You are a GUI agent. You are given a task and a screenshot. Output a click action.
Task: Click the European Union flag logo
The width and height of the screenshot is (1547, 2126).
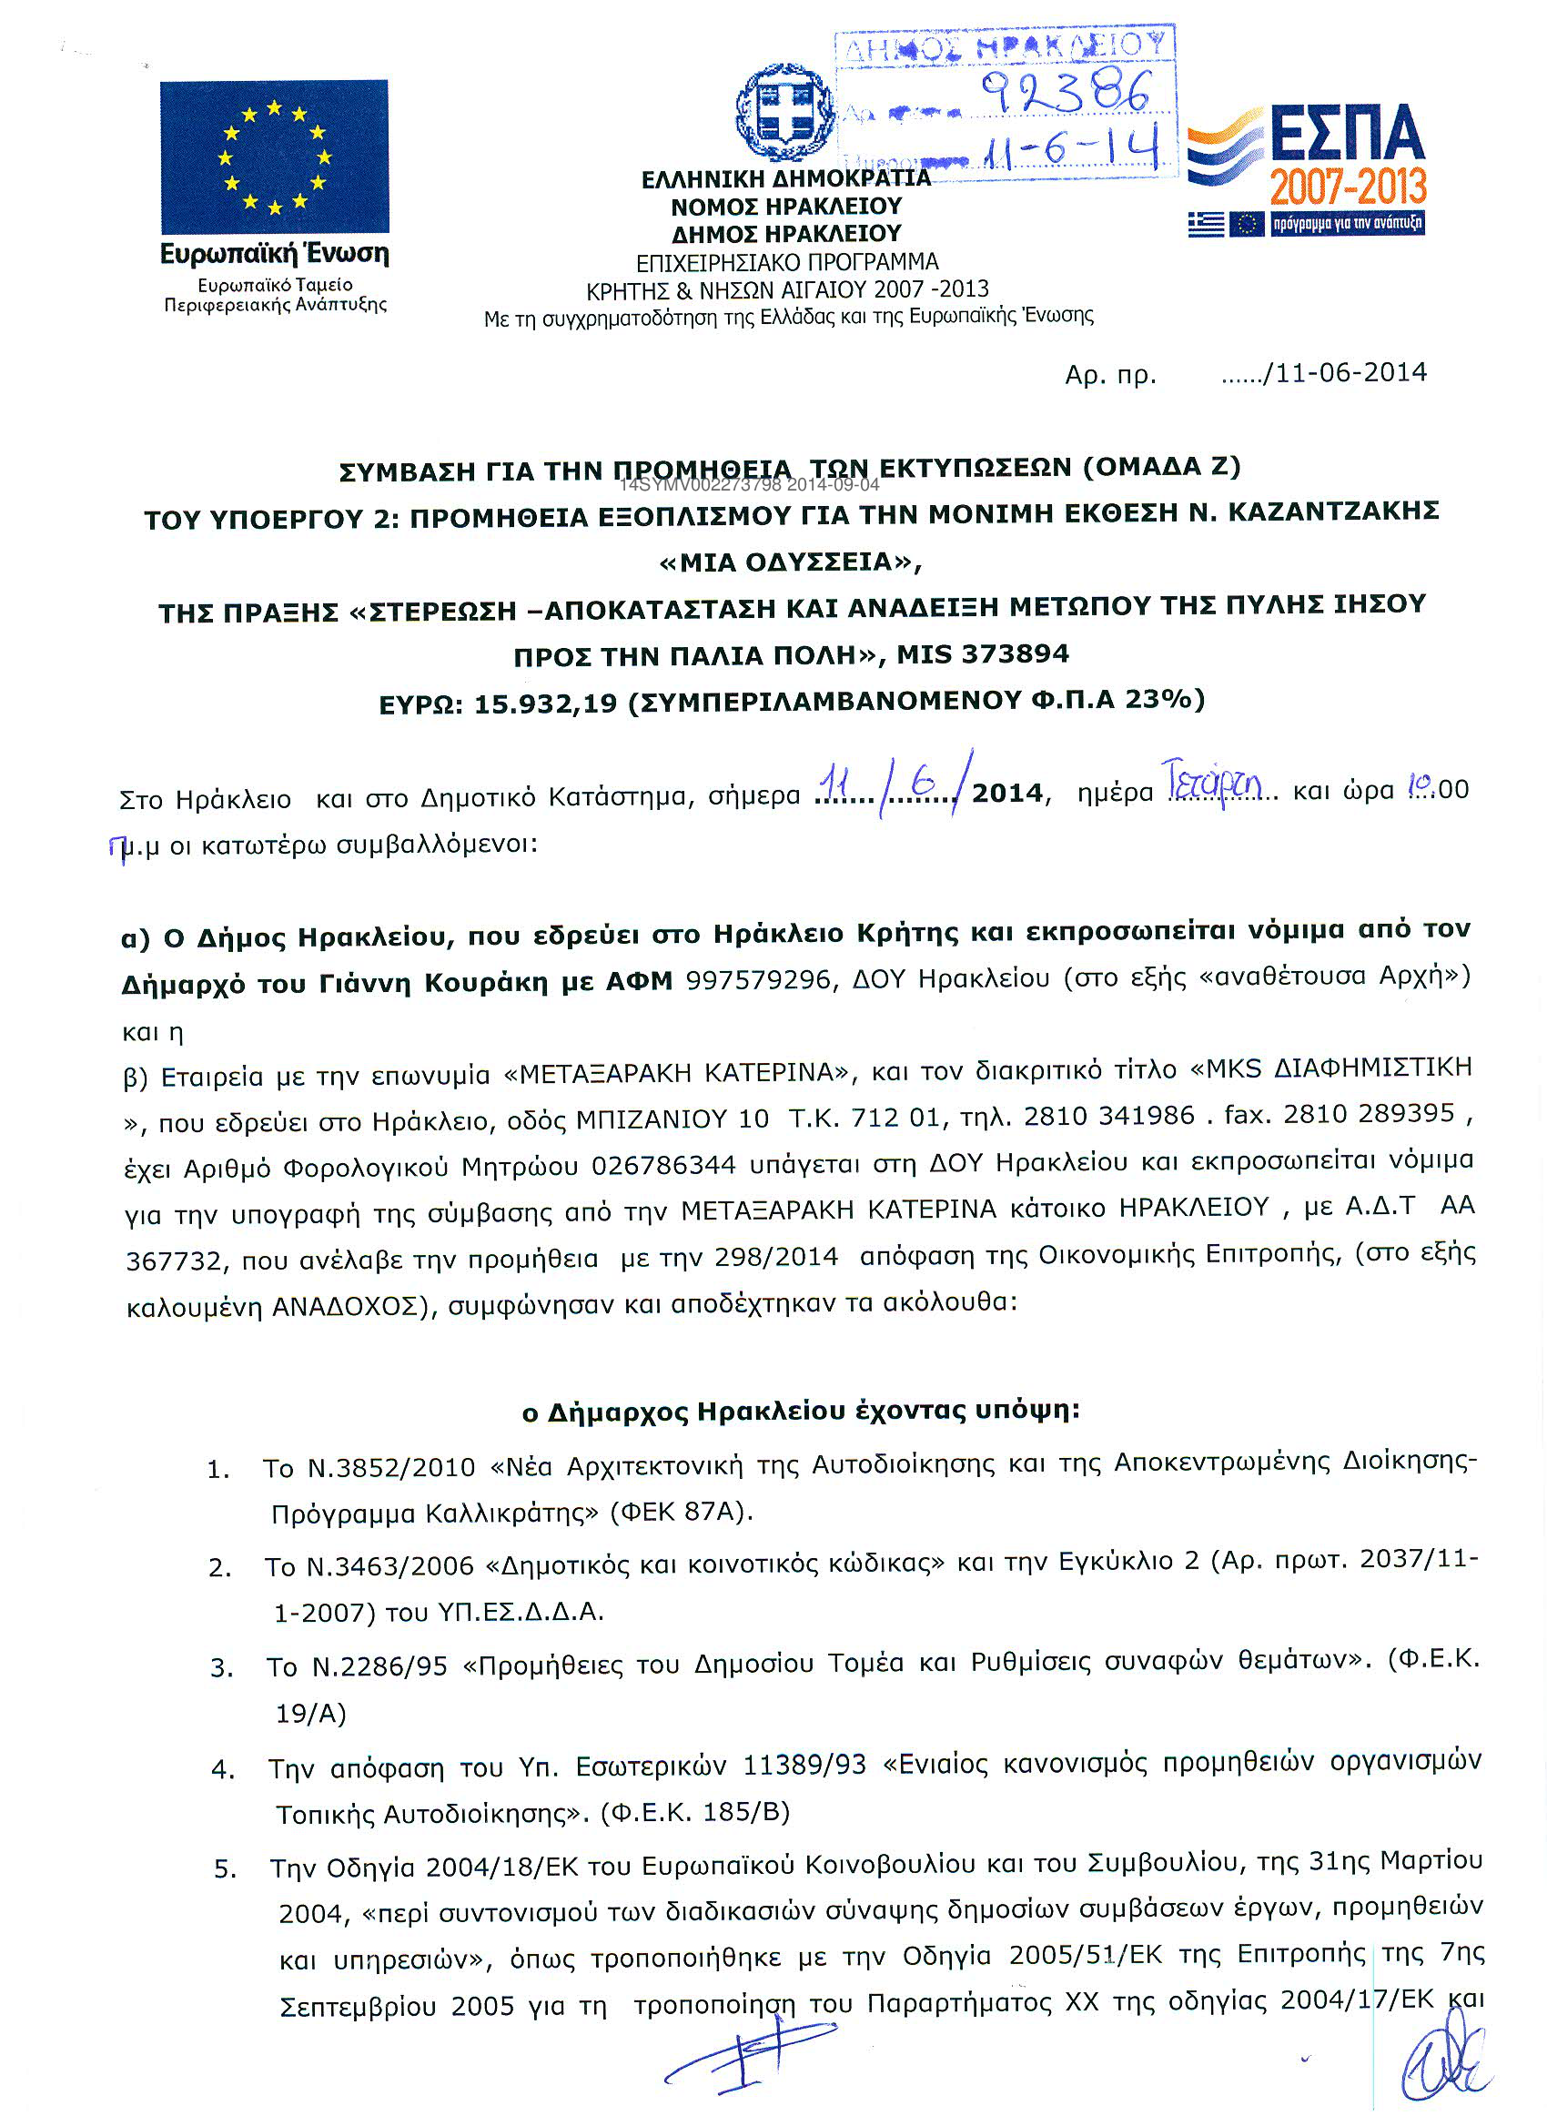[x=274, y=157]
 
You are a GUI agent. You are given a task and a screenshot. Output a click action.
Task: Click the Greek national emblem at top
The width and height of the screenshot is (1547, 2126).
[x=785, y=113]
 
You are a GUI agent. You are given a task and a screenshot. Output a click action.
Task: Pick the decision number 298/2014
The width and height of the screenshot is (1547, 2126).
[x=776, y=1257]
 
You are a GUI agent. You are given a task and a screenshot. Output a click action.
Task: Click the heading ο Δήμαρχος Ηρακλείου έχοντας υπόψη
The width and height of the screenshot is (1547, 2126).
[x=801, y=1411]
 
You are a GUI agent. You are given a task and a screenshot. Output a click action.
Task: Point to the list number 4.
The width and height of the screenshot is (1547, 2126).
[x=222, y=1770]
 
